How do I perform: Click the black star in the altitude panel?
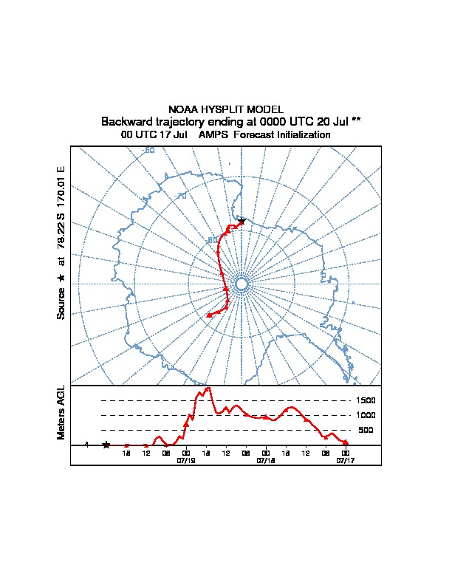(106, 445)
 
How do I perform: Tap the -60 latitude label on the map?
(148, 151)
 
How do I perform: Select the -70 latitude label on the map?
(182, 195)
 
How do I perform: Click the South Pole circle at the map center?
(241, 284)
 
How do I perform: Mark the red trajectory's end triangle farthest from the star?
(209, 315)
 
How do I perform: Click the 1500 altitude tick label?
(367, 400)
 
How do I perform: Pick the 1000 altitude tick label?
(367, 415)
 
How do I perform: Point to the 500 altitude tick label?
(366, 430)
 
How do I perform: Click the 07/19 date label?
(185, 459)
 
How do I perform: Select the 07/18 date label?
(265, 459)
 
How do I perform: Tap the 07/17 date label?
(345, 459)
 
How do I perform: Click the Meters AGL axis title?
(61, 412)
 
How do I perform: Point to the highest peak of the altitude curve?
(208, 388)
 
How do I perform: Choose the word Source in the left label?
(61, 302)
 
